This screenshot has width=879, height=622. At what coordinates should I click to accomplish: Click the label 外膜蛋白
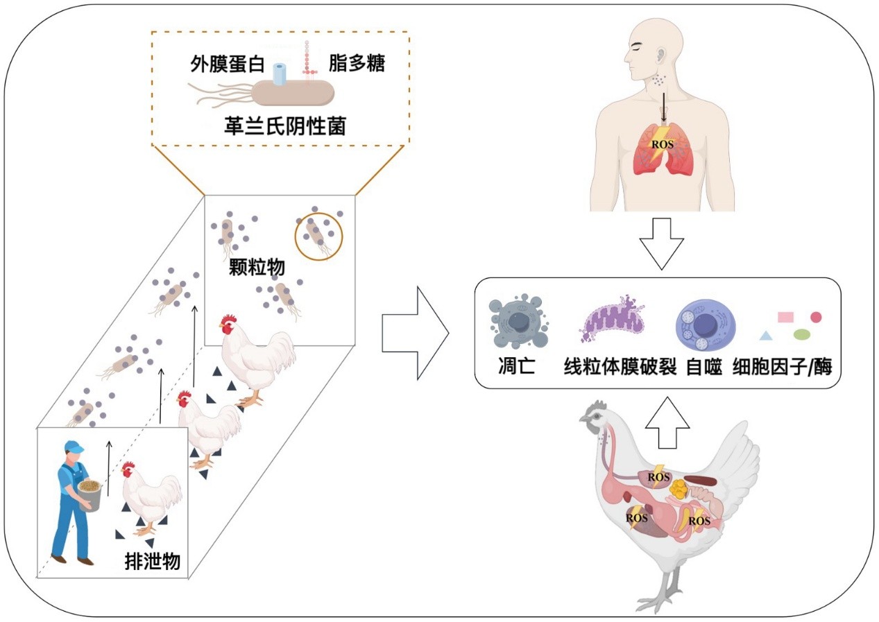point(228,65)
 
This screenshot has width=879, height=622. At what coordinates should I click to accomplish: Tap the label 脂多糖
point(357,64)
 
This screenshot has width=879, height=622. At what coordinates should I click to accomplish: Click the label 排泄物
point(152,560)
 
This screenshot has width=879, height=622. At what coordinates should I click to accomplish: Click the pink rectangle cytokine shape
point(785,317)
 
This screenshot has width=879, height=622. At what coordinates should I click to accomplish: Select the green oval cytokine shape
point(802,335)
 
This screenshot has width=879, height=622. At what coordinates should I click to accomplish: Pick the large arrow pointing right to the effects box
point(416,334)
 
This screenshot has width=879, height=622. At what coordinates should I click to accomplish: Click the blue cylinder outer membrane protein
point(280,74)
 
